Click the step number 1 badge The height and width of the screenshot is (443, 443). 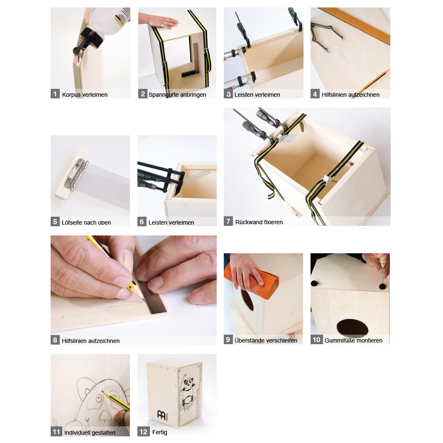(x=55, y=94)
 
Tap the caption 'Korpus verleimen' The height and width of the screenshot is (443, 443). (x=85, y=95)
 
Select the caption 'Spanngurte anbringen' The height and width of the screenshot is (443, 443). (x=177, y=95)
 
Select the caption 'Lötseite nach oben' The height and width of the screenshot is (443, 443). (x=86, y=223)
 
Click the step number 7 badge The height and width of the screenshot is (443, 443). (x=228, y=221)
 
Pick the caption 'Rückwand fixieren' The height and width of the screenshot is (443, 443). (x=259, y=222)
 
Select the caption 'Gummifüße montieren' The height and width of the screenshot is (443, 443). (x=353, y=340)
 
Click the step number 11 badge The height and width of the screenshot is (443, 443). (x=56, y=432)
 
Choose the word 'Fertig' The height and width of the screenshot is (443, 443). (x=159, y=432)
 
